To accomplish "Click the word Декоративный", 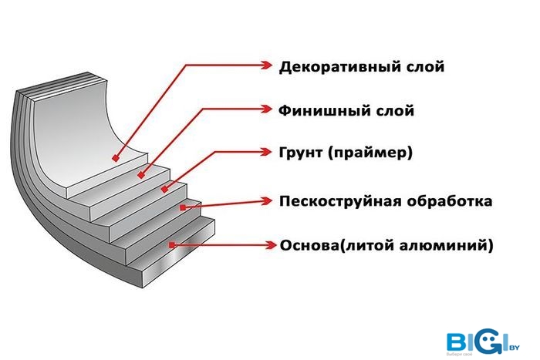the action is [x=334, y=67].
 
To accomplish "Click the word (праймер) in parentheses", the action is [x=370, y=153].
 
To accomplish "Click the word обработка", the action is [x=449, y=201].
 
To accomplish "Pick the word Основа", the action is [x=309, y=246].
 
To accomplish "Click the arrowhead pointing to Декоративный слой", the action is [x=267, y=65].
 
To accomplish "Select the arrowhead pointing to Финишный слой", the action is [x=266, y=109].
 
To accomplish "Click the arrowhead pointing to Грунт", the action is [x=266, y=152].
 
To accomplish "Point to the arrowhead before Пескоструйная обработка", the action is [x=267, y=201].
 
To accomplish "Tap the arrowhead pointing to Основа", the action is [x=270, y=245].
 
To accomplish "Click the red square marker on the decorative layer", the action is [x=116, y=158].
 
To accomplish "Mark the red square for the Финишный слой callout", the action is [x=141, y=175].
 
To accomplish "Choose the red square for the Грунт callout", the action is [x=164, y=189].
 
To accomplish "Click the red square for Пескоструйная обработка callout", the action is [x=183, y=207].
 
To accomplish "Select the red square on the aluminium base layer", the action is [x=172, y=245].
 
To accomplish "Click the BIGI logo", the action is [x=483, y=342].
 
